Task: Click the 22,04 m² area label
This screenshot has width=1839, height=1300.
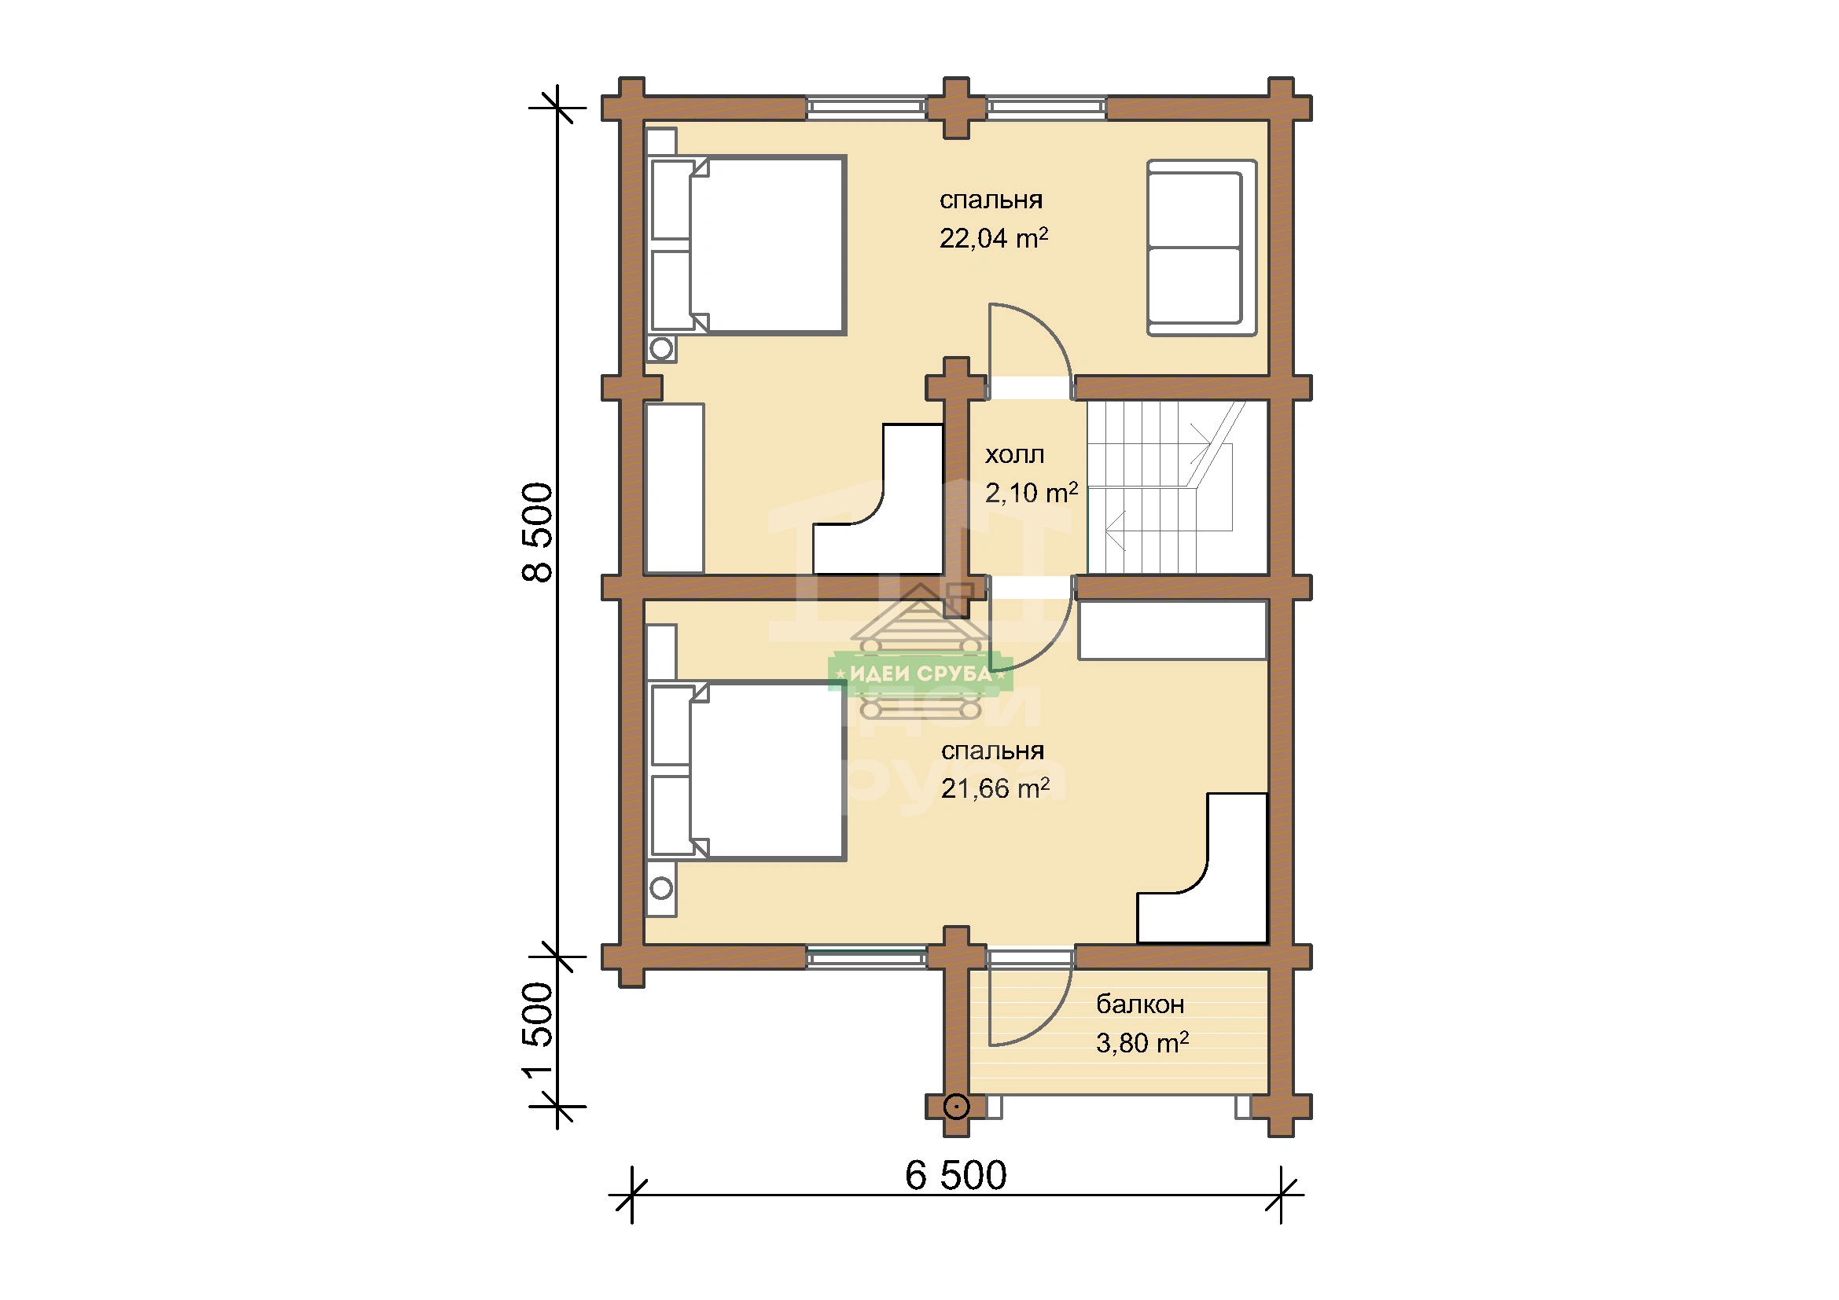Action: tap(993, 237)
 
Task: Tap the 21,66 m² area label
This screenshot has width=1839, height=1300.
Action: tap(995, 788)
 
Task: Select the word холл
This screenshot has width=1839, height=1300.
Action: tap(1014, 454)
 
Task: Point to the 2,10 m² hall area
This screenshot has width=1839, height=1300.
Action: tap(1031, 492)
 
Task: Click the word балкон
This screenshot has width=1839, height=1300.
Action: tap(1140, 1004)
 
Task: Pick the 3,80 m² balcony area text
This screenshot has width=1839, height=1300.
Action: tap(1142, 1042)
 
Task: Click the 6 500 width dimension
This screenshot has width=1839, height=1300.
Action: tap(955, 1176)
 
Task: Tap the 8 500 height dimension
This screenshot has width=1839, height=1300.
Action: tap(538, 531)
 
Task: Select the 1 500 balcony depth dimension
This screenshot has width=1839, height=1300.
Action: tap(538, 1031)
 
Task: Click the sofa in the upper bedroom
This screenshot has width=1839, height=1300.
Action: tap(1201, 248)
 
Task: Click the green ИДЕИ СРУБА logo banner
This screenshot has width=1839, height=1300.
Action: tap(921, 674)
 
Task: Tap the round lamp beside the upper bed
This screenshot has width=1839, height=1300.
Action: tap(661, 349)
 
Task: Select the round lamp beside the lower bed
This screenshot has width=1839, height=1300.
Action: tap(661, 887)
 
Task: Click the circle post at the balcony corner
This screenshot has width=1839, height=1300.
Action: tap(956, 1107)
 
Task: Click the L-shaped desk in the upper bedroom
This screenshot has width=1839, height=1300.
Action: tap(913, 545)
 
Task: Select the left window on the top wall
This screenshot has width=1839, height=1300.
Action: tap(866, 108)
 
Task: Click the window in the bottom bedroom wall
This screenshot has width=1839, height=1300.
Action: tap(866, 957)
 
